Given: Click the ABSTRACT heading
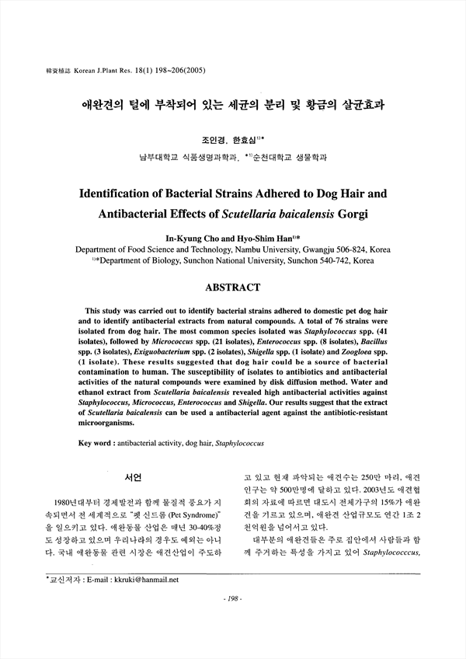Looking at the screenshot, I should click(x=232, y=288).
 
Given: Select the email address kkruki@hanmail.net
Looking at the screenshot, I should click(x=145, y=601).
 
